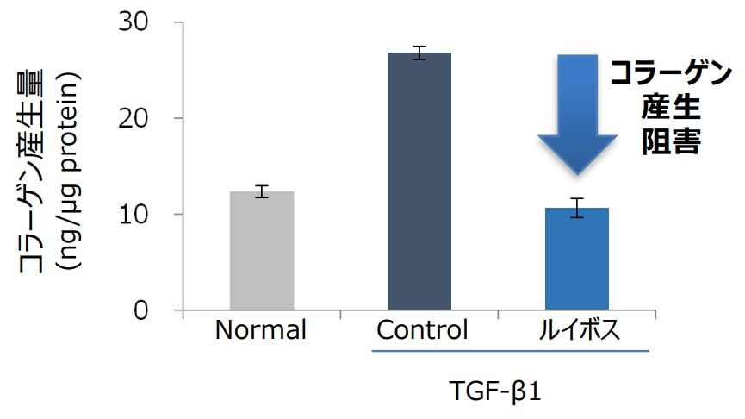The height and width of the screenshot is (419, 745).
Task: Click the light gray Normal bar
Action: point(262,251)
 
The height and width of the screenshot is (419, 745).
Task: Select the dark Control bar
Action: point(419,181)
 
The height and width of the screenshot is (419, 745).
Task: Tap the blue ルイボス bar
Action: point(577,259)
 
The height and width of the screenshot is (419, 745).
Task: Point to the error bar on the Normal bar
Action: point(262,191)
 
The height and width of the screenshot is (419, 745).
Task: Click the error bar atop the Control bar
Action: point(419,53)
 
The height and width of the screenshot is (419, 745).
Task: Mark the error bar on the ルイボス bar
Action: point(577,208)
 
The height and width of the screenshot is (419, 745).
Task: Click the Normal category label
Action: point(261,331)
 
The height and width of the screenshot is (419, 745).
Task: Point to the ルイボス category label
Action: point(576,331)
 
